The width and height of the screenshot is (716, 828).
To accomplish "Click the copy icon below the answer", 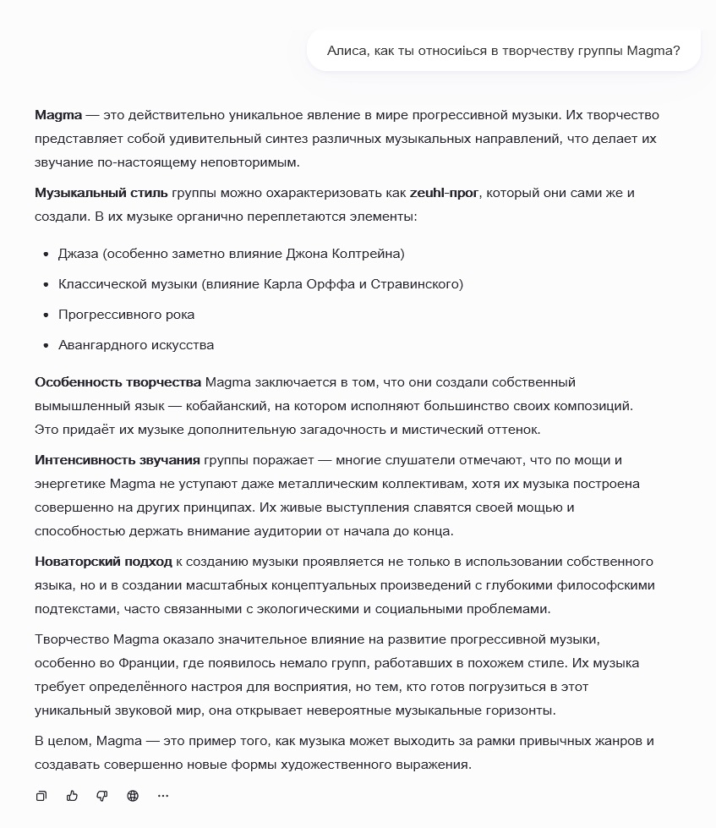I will point(41,796).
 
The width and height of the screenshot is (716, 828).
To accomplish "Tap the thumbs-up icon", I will point(72,796).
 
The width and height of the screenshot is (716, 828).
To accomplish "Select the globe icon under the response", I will point(133,796).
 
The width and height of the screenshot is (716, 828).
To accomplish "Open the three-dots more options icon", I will point(163,796).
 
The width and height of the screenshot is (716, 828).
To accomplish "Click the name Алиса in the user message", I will point(346,51).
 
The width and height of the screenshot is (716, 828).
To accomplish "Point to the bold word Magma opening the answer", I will point(58,115).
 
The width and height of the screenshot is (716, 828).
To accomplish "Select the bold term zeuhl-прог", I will point(444,193).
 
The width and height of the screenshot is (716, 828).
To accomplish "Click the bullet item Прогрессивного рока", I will point(126,315).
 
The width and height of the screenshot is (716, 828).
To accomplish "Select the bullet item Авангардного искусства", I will point(136,345).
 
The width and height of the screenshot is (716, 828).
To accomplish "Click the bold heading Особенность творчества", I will point(118,382).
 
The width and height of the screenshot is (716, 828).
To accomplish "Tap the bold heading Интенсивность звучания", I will point(118,460).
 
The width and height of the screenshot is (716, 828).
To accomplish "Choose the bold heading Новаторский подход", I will point(103,562).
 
